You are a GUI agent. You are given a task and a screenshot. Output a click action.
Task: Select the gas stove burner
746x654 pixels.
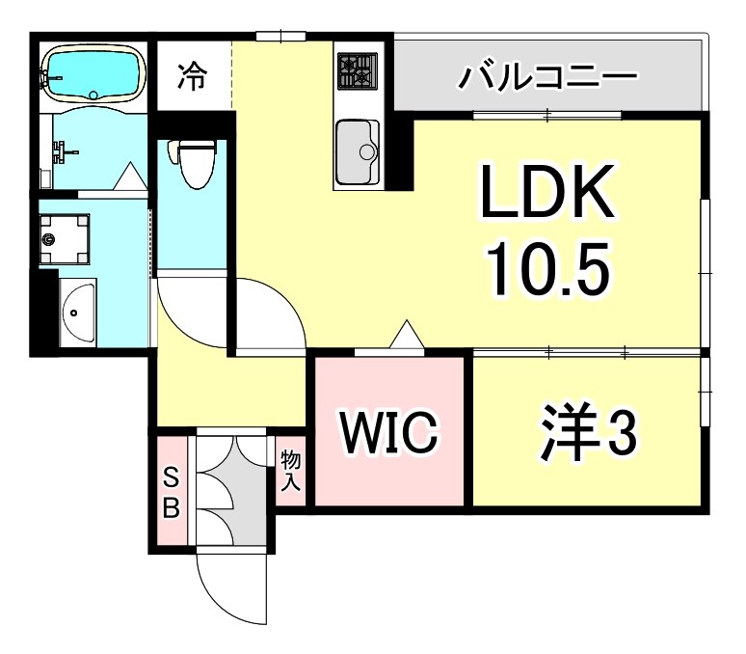point(357,70)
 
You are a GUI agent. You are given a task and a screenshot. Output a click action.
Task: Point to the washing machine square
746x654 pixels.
point(65,235)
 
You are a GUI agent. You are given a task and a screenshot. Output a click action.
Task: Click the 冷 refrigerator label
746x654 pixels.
point(193,76)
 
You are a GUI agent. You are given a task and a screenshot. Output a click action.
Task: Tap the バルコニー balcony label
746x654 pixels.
point(547,75)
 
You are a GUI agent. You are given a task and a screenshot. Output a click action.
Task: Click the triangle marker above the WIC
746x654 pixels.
point(407,335)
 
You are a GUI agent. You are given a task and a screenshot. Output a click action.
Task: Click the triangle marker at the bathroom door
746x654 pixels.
point(128,177)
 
